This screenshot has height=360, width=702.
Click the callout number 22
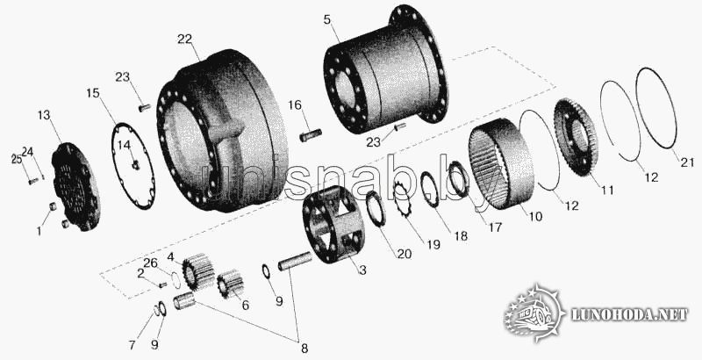184,40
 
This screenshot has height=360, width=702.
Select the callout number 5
328,20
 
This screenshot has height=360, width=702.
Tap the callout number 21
687,162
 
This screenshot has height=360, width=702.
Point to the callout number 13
44,116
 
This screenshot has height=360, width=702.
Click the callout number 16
295,105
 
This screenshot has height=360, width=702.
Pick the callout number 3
362,270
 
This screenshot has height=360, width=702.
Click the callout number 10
535,217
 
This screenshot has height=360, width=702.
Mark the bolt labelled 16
312,134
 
